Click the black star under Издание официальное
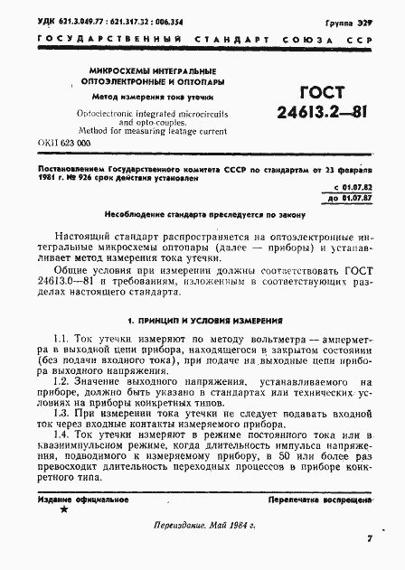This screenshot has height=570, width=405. coord(63,509)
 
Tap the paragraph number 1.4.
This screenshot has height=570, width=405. coord(61,434)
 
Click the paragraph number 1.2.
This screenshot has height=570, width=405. coord(61,384)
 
